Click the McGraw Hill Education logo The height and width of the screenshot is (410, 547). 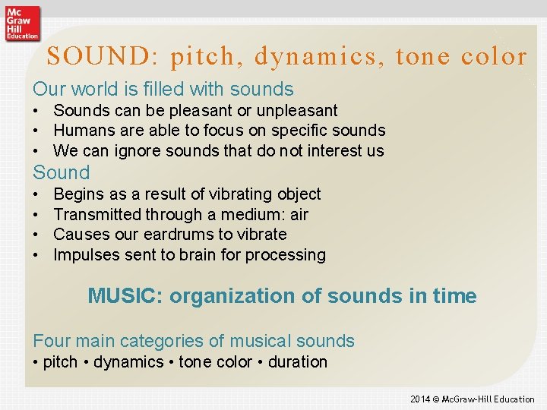(22, 22)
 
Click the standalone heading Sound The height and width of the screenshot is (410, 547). (61, 172)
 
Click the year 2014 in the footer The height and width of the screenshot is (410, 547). (420, 399)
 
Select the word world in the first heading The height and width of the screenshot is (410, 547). (92, 89)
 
